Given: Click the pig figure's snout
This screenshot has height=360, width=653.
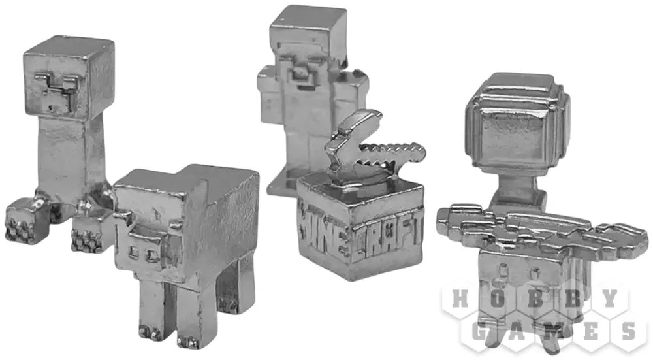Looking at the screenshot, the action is pos(142,252).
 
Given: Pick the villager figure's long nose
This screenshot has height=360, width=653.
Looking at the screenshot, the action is pos(300,74).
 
